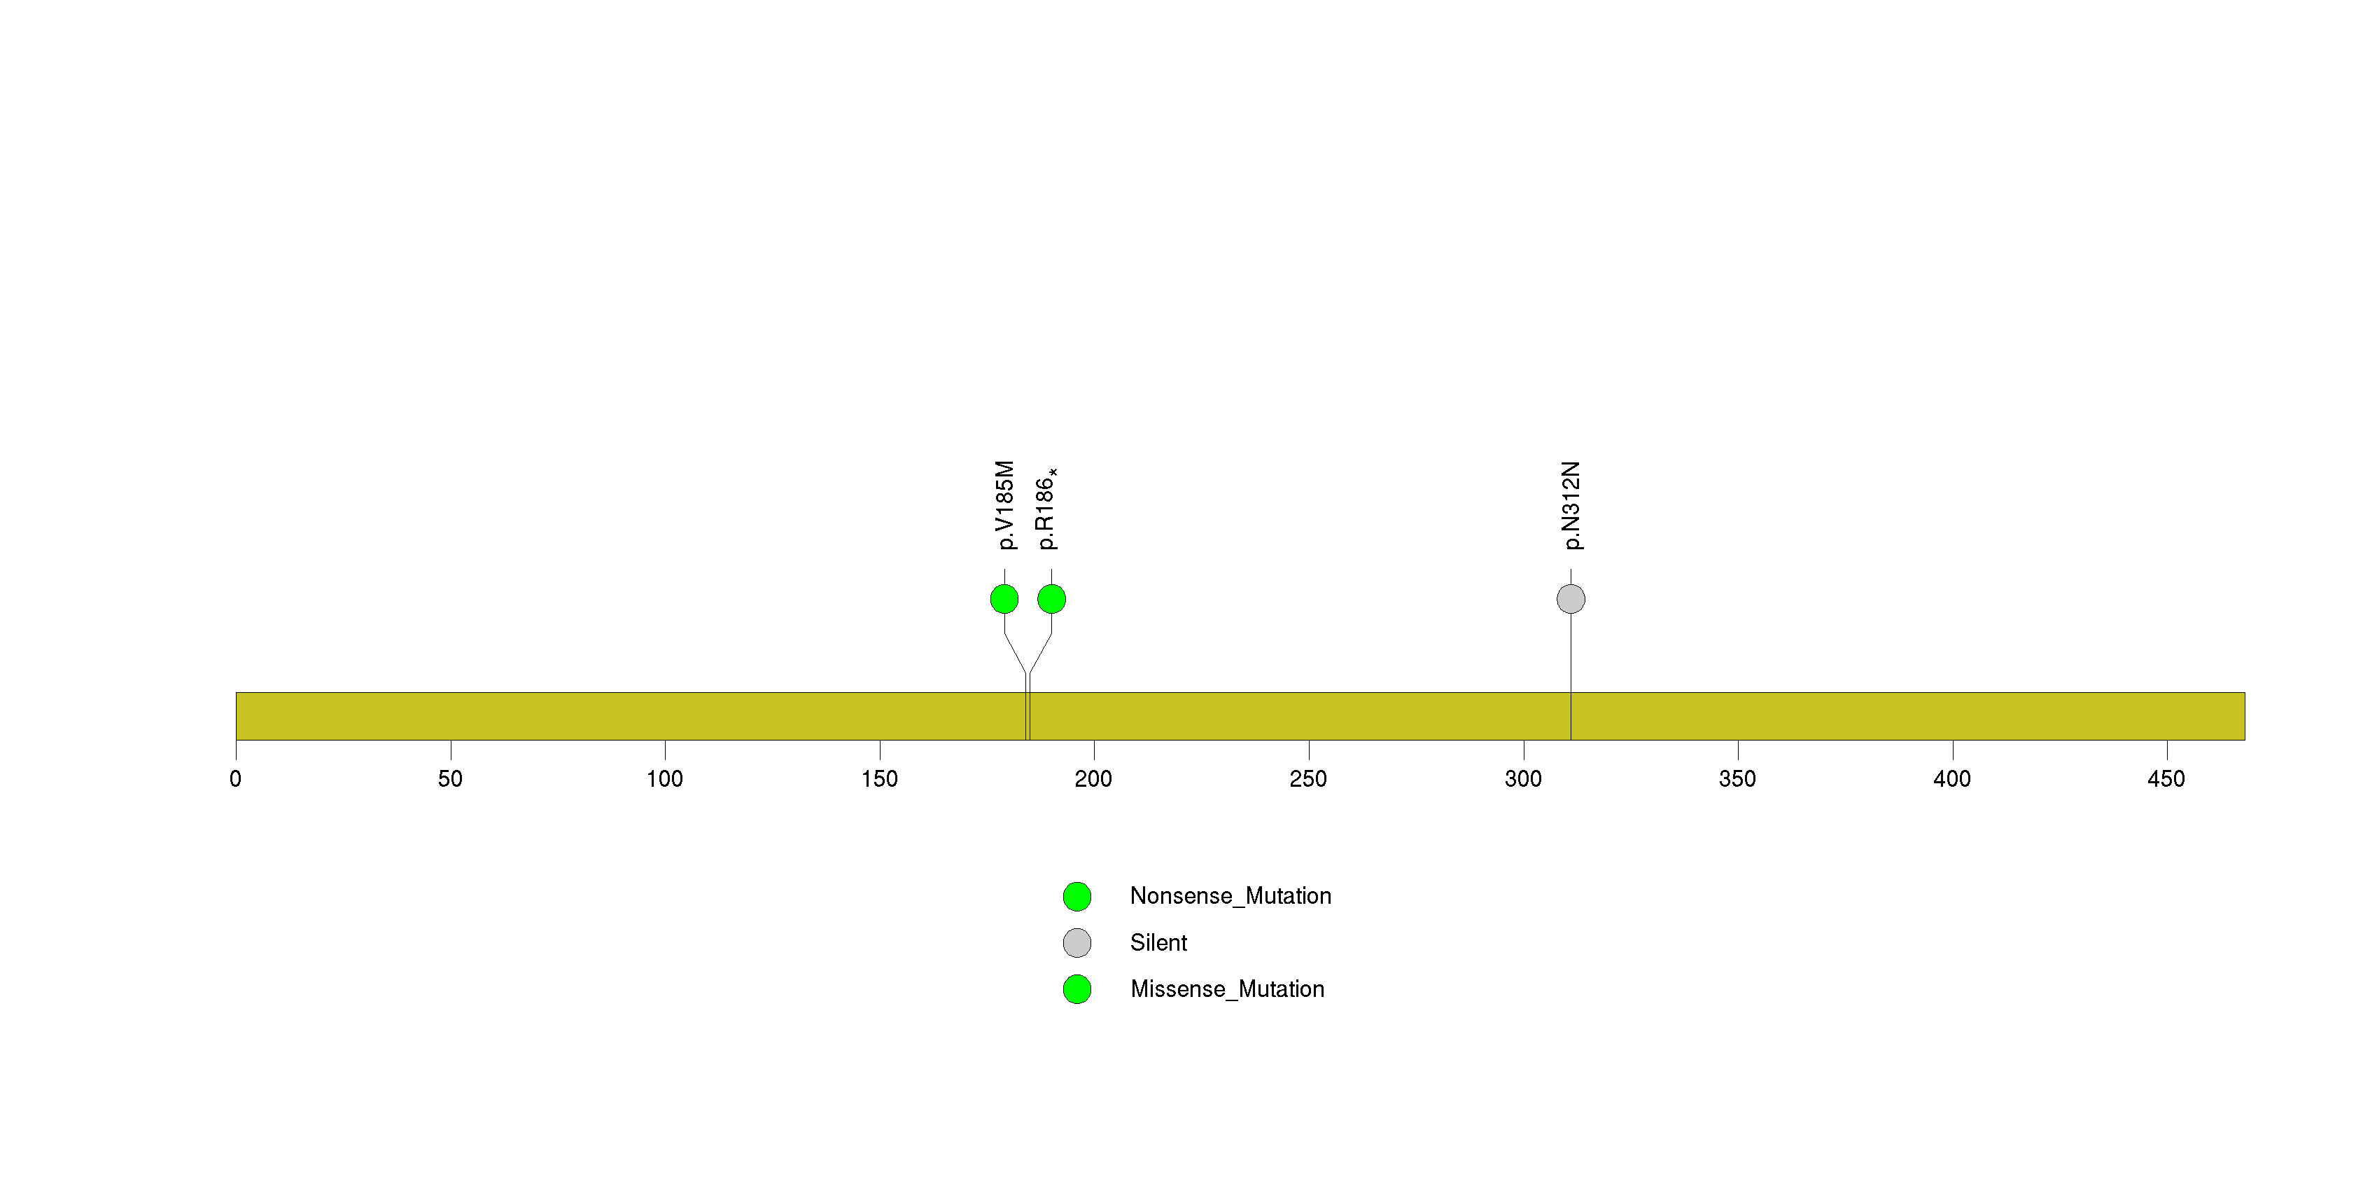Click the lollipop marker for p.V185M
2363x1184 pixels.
(x=1004, y=599)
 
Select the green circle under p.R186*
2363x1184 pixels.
(x=1051, y=599)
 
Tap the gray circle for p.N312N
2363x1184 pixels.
(x=1571, y=599)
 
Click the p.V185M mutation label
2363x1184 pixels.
(x=1005, y=505)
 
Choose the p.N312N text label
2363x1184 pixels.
(x=1571, y=505)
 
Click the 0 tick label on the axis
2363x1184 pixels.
(x=236, y=779)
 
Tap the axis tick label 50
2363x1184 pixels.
(x=450, y=779)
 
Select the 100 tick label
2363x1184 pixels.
(x=664, y=779)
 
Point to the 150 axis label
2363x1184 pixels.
(x=880, y=779)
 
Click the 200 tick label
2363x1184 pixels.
(x=1093, y=779)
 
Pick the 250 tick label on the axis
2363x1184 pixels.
(x=1308, y=779)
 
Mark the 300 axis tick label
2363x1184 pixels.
(x=1523, y=779)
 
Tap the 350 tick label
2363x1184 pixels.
(x=1737, y=779)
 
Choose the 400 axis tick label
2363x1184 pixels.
(x=1952, y=779)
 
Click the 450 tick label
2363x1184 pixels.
(x=2167, y=779)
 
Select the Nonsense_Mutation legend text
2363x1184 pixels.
(x=1230, y=897)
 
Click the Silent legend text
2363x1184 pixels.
(x=1158, y=942)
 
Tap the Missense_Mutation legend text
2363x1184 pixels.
(x=1228, y=989)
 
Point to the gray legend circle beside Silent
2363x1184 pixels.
(x=1077, y=942)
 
